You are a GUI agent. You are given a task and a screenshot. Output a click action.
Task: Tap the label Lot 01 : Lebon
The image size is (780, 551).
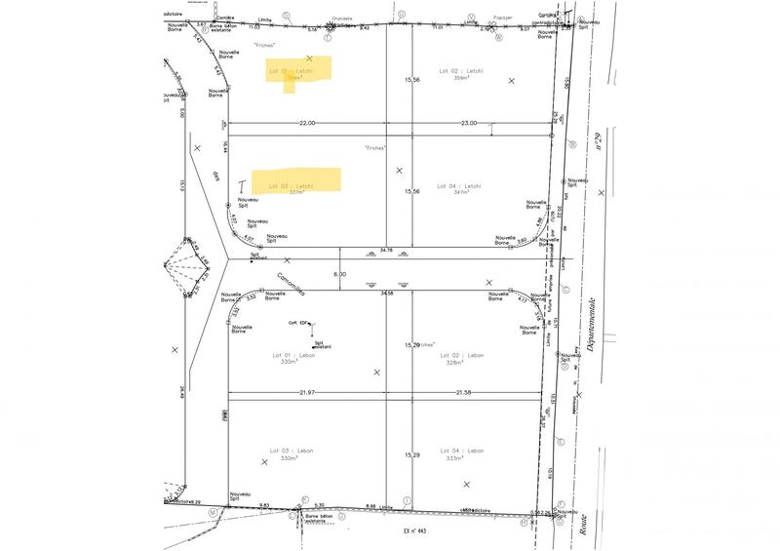(288, 355)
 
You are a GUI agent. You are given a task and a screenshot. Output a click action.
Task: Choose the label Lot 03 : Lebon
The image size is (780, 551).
(288, 451)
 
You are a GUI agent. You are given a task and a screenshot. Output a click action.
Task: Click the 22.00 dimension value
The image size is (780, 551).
(307, 123)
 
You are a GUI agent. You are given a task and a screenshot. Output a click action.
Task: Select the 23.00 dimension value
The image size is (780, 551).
(468, 123)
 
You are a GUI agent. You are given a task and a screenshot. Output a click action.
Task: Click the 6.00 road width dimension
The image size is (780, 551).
(339, 275)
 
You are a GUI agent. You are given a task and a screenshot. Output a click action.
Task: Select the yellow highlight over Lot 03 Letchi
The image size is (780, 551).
(296, 180)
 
